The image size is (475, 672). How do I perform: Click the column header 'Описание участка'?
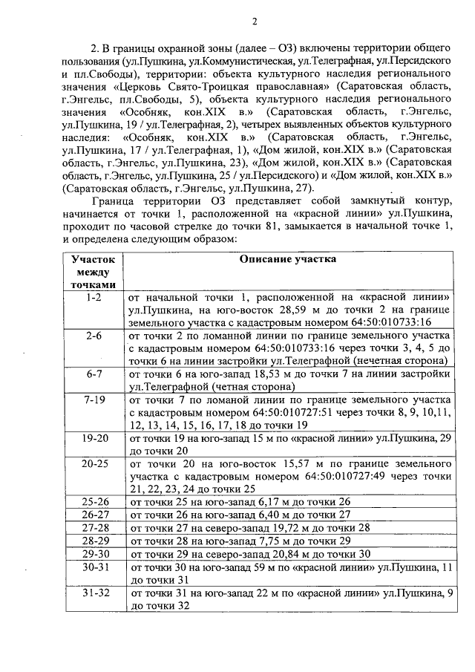pos(287,259)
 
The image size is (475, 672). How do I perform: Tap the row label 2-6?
pos(94,336)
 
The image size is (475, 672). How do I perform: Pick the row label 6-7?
pos(94,374)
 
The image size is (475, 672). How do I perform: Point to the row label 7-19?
pos(94,400)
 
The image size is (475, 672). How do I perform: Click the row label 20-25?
pos(94,463)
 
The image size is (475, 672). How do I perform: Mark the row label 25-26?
pos(94,502)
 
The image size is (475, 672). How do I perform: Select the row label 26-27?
pos(94,515)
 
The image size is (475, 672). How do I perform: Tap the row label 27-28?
pos(94,528)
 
